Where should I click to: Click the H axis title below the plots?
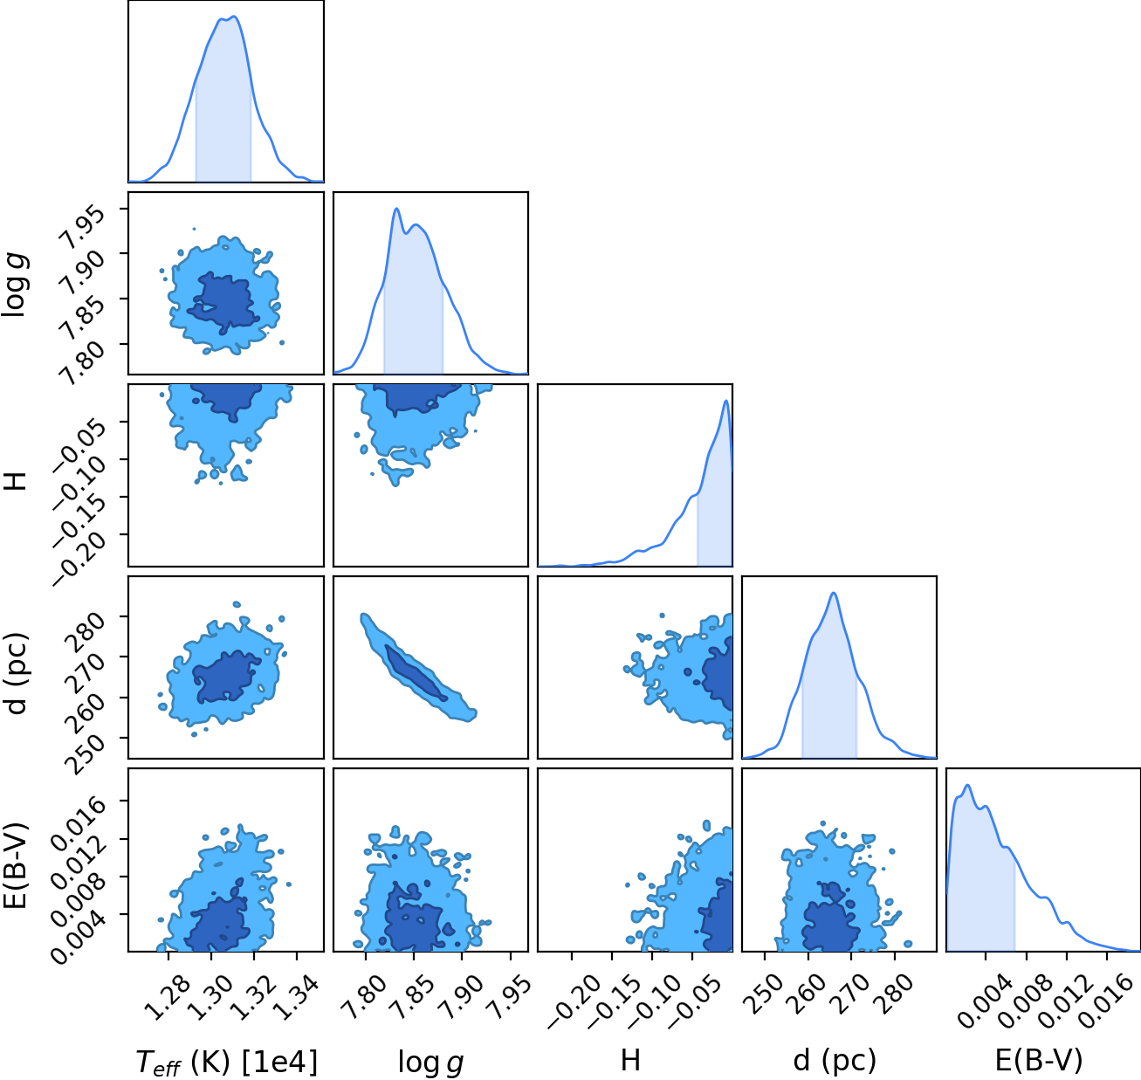pos(631,1060)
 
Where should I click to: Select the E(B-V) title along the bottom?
pos(1039,1060)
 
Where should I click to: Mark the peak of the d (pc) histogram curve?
pos(834,593)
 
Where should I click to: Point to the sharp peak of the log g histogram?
pos(396,209)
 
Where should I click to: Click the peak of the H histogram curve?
pos(726,401)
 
